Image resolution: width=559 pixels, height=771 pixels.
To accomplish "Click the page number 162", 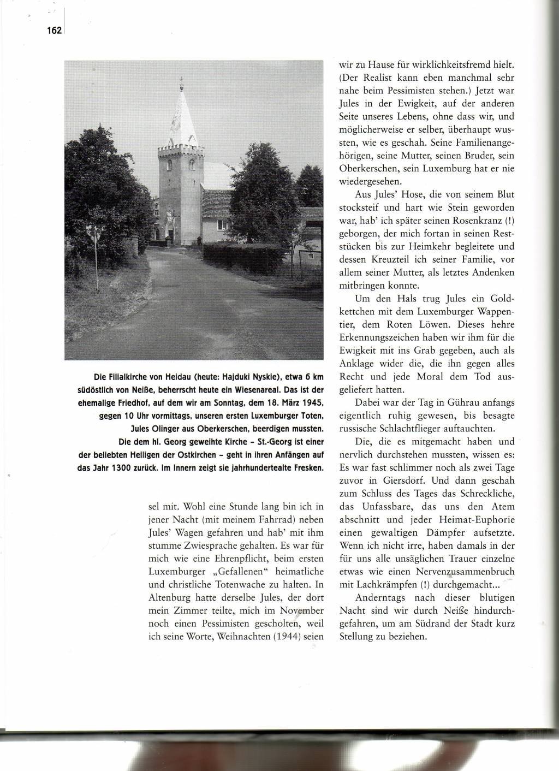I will [55, 31].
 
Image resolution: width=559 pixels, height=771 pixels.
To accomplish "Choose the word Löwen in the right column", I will [437, 324].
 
